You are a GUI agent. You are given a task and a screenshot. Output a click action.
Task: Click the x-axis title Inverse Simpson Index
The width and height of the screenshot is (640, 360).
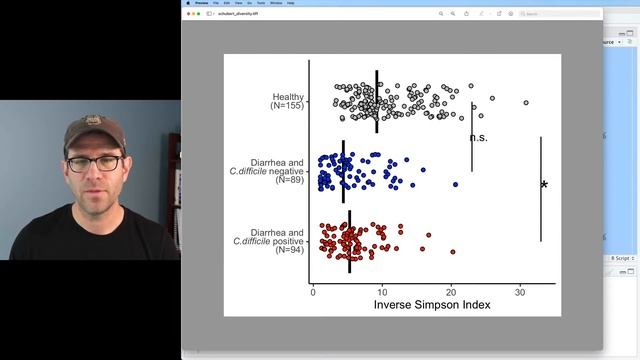[x=432, y=304]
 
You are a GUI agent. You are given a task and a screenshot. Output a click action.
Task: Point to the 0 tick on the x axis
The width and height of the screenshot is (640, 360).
[x=314, y=291]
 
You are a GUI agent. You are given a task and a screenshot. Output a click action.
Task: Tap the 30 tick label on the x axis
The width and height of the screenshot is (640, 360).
[x=520, y=291]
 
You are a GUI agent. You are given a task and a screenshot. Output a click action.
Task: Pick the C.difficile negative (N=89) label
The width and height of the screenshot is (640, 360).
[x=267, y=172]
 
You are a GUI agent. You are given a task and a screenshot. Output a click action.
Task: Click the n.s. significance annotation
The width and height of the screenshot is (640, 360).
[x=478, y=138]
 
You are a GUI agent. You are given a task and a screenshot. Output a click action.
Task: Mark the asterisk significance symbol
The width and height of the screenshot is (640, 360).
[x=544, y=186]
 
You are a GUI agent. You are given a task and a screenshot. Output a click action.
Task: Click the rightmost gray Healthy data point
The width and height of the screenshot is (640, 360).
[x=526, y=102]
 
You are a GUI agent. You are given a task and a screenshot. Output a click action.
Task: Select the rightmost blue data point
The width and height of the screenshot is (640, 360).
[x=455, y=185]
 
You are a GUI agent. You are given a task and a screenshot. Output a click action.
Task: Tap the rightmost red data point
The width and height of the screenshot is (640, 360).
[x=453, y=252]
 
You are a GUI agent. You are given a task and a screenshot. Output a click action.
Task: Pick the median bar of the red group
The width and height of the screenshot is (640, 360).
[x=349, y=241]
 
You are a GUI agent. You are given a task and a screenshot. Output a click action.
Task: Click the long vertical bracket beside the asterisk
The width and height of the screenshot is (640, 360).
[x=540, y=189]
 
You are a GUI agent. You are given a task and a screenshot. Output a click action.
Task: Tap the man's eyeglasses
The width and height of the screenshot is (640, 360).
[x=94, y=163]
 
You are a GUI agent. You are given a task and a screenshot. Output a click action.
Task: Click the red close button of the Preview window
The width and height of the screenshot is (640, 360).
[x=188, y=4]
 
